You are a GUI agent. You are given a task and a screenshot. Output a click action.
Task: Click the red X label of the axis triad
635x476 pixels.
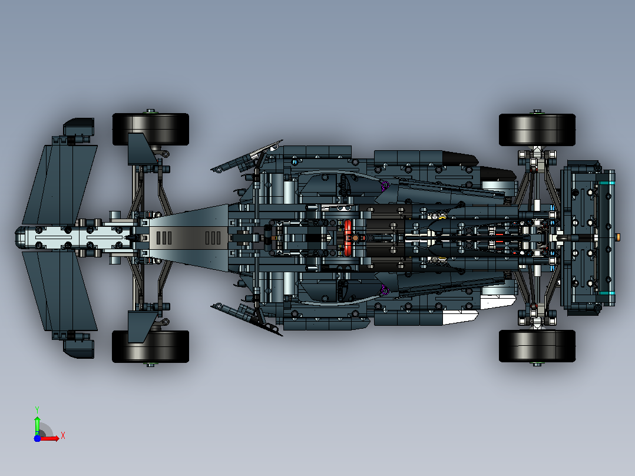point(63,436)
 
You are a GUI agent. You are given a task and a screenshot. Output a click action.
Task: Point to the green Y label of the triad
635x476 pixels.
point(37,409)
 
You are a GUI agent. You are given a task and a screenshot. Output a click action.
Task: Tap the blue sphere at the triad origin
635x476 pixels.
point(37,438)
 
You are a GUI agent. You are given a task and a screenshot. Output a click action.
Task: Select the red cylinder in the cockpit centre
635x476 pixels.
point(348,238)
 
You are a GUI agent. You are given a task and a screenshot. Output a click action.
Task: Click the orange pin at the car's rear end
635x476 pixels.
point(617,237)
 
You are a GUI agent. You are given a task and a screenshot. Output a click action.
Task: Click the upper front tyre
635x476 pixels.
point(151,129)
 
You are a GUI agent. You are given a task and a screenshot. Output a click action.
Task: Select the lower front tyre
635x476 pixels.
point(150,346)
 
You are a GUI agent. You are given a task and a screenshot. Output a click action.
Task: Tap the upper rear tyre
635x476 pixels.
point(537,130)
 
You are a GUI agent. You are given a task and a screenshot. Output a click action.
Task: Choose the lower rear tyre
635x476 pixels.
point(537,346)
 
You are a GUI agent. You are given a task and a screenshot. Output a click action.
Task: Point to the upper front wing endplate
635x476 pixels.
point(80,127)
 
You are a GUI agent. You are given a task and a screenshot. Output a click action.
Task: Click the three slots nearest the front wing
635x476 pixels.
point(164,238)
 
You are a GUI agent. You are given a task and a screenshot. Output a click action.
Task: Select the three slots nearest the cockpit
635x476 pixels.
point(213,238)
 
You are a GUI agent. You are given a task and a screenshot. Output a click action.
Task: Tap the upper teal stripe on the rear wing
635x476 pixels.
point(607,183)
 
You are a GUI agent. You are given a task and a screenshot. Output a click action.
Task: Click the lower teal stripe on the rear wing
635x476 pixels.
point(607,292)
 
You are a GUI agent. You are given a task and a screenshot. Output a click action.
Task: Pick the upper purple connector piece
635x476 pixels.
point(384,186)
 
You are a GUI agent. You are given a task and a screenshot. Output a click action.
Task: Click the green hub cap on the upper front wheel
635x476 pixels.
point(151,111)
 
